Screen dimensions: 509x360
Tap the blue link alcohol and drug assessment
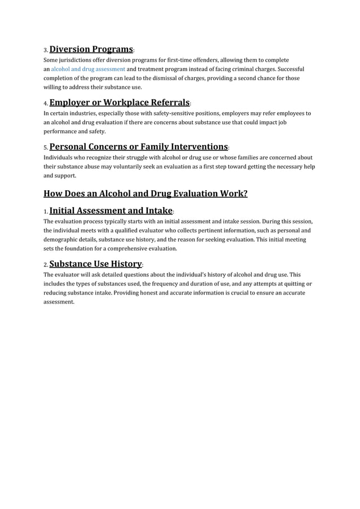tap(88, 69)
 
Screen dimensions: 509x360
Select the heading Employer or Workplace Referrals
tap(119, 103)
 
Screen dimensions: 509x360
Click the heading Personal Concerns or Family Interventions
tap(138, 147)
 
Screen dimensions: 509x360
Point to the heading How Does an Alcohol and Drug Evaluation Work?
tap(146, 194)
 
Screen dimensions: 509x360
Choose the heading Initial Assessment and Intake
tap(111, 211)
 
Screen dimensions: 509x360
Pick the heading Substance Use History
tap(95, 264)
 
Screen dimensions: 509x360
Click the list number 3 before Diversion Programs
tap(46, 50)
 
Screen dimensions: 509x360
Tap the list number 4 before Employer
tap(46, 104)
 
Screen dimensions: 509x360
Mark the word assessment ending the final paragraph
tap(59, 302)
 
